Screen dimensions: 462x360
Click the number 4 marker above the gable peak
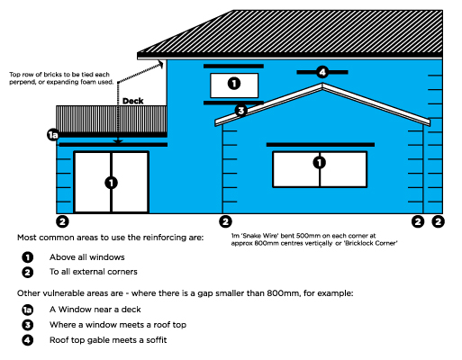[x=322, y=72]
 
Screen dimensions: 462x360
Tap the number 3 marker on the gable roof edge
[x=240, y=111]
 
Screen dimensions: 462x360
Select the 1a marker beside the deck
[x=53, y=135]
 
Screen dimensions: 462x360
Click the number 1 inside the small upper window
[x=234, y=83]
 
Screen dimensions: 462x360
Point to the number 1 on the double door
[x=111, y=183]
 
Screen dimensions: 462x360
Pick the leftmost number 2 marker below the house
[x=62, y=221]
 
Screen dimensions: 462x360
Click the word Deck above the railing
[x=133, y=101]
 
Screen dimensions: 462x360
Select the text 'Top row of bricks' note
[x=61, y=78]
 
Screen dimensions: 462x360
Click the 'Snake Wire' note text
[x=314, y=239]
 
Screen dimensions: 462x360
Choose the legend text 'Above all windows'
[x=87, y=257]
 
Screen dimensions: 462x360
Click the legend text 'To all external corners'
[x=94, y=272]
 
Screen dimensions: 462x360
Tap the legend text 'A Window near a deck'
[x=95, y=310]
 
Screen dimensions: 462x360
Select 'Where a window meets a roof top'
[x=118, y=325]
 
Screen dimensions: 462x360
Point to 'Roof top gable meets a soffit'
[x=108, y=340]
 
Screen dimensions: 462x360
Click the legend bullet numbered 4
[x=28, y=340]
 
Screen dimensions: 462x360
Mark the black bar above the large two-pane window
[x=321, y=145]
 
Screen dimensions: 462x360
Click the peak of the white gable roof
[x=322, y=85]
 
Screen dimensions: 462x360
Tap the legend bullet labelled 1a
[x=28, y=310]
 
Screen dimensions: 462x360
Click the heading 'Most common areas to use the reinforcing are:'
[x=110, y=238]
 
